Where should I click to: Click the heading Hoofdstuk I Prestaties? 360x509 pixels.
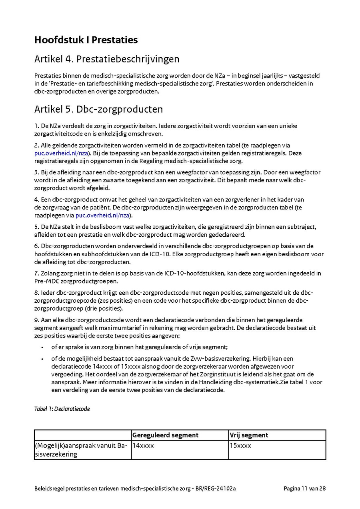86,40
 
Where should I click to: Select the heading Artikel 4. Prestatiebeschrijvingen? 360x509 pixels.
107,59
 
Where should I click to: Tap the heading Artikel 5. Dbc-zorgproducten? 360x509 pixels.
98,109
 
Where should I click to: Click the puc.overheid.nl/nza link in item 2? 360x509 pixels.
61,153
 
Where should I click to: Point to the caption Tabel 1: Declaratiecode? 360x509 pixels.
62,409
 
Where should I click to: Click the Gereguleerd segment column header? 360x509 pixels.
165,435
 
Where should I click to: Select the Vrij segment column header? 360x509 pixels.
248,435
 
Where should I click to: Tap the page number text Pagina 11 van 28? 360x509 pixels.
305,488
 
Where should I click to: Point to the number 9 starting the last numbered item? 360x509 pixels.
36,320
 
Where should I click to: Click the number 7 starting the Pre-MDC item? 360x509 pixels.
36,273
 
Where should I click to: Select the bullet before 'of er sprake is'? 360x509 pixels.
42,347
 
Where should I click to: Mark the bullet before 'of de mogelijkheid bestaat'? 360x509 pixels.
42,359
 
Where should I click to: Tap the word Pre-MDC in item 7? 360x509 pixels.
44,281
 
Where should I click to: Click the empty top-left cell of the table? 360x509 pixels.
83,435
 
